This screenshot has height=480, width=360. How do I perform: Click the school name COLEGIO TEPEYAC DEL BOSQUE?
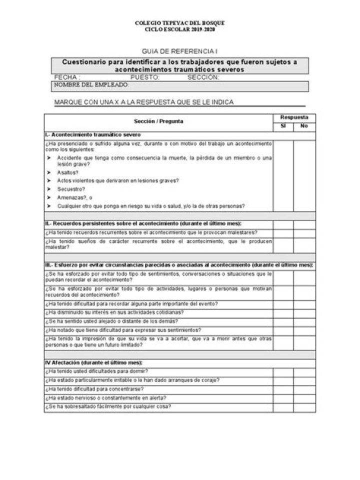point(180,23)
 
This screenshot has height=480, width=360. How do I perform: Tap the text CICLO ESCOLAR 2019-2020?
point(180,29)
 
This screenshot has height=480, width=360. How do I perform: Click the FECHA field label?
point(66,77)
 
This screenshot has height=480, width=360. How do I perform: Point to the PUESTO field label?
point(145,77)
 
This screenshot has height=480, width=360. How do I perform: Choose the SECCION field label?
point(203,77)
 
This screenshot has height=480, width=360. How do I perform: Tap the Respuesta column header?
point(294,117)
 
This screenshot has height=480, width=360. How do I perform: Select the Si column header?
point(283,126)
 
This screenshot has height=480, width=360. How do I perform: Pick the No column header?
point(304,126)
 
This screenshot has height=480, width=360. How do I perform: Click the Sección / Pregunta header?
point(158,121)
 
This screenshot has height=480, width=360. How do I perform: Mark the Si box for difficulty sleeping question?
point(283,371)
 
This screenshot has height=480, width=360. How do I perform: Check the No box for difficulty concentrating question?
point(304,389)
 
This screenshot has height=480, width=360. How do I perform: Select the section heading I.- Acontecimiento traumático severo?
point(92,135)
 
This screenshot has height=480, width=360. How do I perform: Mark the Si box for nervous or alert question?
point(283,398)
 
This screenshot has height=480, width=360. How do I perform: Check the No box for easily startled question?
point(304,407)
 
